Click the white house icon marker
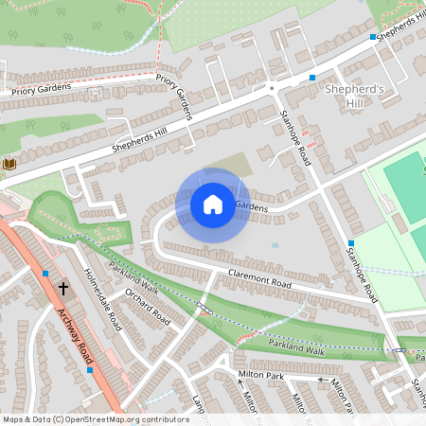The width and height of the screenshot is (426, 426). pos(213,204)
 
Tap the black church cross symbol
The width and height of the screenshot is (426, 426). pos(63,287)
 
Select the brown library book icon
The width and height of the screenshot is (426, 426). pos(10,165)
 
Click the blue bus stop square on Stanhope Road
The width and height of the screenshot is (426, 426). pos(350,243)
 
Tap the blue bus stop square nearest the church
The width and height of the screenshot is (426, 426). pos(45,273)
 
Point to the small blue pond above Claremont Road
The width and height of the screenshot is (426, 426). pos(275,245)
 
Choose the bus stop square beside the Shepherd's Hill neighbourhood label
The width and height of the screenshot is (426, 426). pos(312,78)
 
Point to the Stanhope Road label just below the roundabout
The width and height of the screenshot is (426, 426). pos(296,138)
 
